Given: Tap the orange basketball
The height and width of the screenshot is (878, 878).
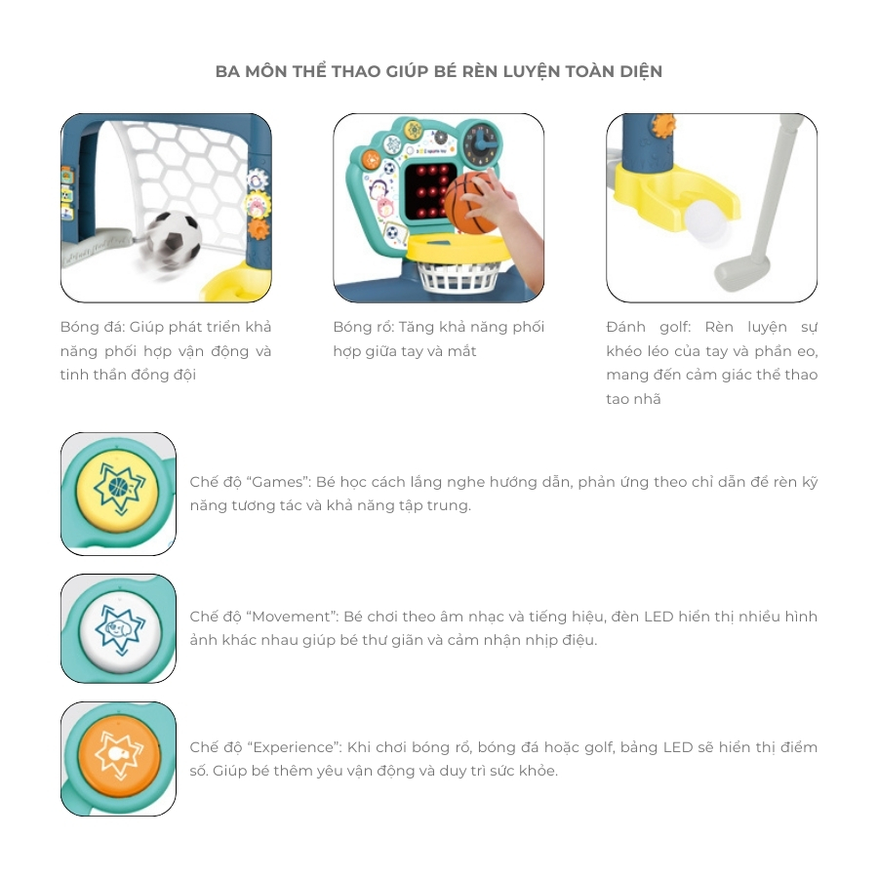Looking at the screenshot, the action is [x=470, y=203].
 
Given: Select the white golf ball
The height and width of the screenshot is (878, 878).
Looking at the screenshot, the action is [x=705, y=220].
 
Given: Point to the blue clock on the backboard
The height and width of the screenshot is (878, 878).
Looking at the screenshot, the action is [x=480, y=143].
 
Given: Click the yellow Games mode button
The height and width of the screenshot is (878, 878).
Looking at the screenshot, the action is [x=118, y=491].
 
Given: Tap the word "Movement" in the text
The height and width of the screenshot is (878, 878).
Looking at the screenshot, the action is [x=295, y=617].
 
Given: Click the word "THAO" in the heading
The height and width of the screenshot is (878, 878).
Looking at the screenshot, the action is [x=355, y=71].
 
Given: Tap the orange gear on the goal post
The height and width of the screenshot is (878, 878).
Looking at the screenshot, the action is [x=259, y=228].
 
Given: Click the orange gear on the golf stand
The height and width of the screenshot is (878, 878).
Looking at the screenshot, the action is [x=662, y=125].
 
